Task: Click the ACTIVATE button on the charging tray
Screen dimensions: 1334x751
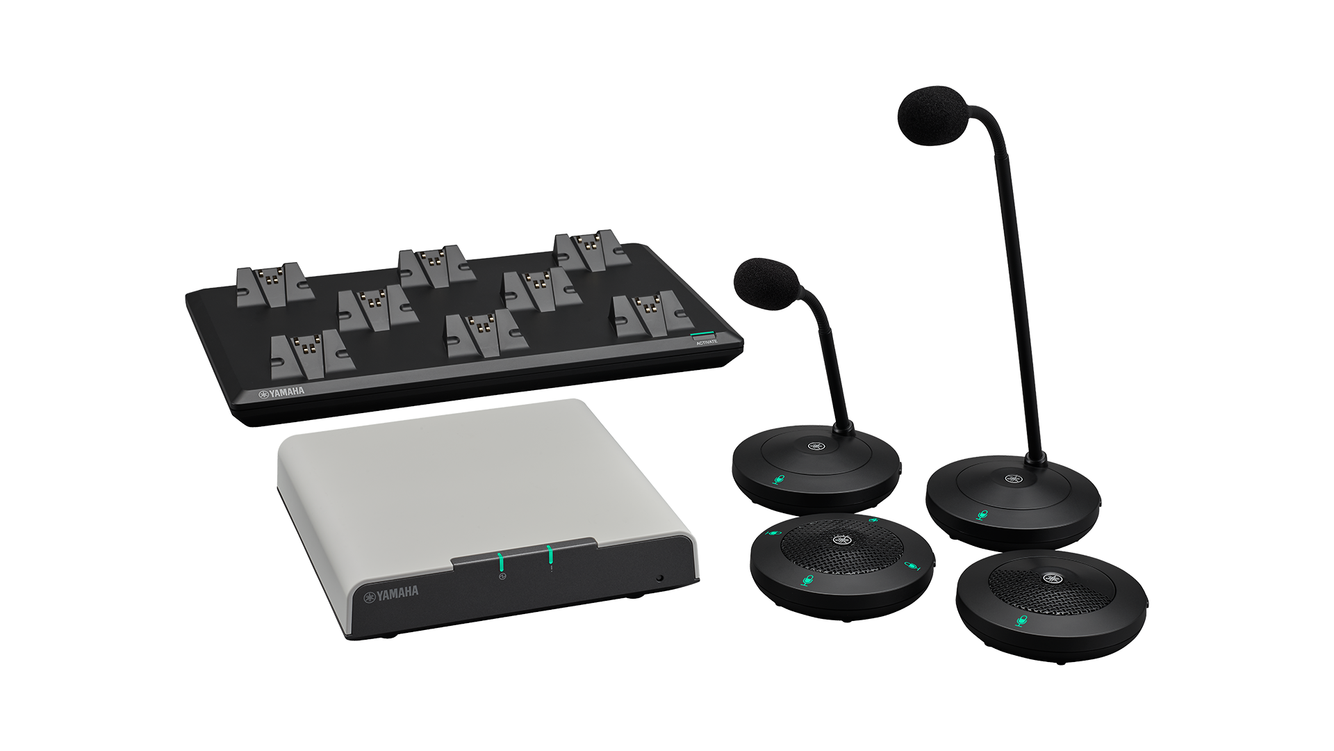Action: tap(704, 337)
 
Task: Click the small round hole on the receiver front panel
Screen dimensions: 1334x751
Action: tap(659, 578)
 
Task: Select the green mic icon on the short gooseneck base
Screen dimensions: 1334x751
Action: tap(779, 480)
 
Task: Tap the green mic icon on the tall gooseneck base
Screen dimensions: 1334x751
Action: tap(982, 515)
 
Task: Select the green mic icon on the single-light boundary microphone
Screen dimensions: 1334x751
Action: tap(1020, 621)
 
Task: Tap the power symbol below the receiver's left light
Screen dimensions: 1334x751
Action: tap(503, 576)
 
